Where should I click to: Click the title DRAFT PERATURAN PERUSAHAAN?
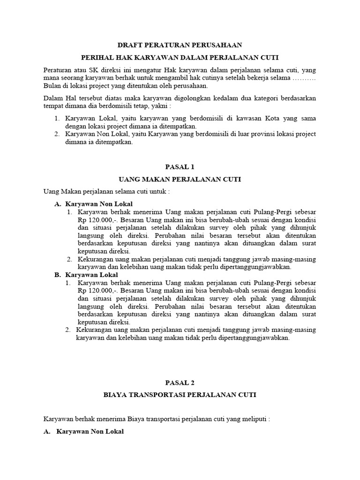pos(180,45)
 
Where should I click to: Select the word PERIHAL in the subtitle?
pos(97,58)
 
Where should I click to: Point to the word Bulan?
pos(52,86)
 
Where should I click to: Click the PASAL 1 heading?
pos(180,167)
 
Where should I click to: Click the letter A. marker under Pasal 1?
pos(58,204)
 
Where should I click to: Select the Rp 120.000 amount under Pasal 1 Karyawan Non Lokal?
pos(93,220)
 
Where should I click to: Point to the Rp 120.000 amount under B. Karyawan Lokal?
pos(93,291)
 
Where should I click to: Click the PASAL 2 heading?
pos(180,382)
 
